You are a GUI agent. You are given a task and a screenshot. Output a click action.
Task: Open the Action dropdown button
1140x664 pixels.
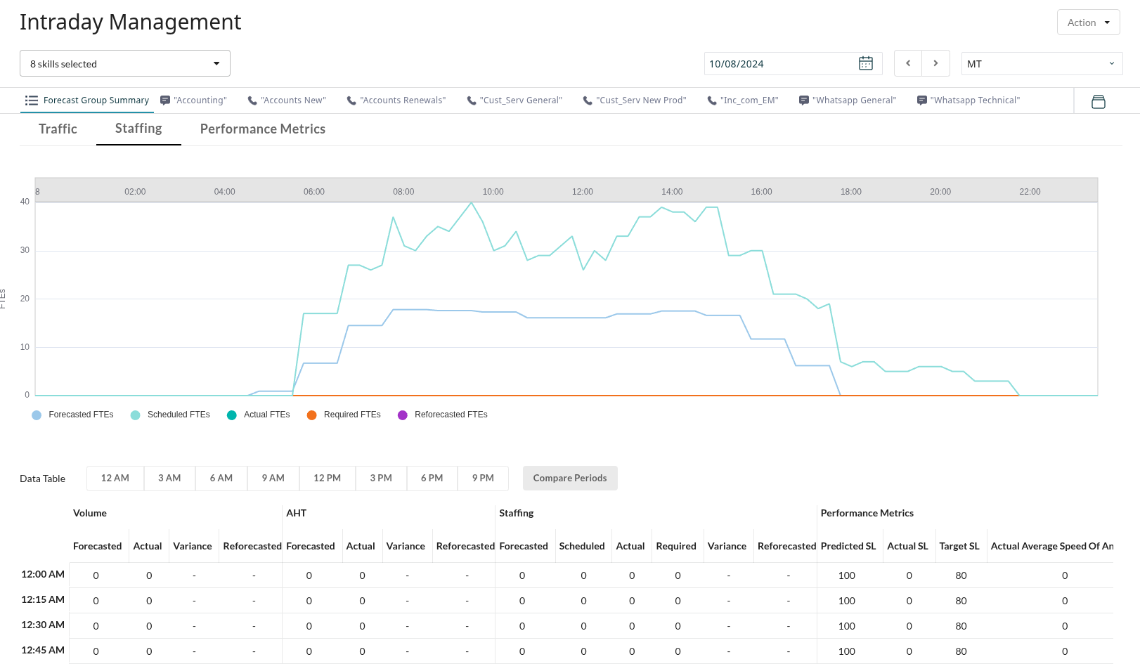click(x=1088, y=22)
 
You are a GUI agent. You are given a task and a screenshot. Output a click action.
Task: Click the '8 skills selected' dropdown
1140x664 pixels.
click(x=125, y=64)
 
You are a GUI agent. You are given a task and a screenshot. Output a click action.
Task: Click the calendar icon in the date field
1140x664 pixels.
click(x=865, y=64)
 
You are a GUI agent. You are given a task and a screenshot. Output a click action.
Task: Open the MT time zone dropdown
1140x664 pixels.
click(x=1041, y=64)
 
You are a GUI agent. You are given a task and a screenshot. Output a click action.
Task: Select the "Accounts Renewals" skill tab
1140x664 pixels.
click(x=396, y=100)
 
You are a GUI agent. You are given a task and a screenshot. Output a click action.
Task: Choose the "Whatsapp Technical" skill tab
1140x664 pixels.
click(x=969, y=100)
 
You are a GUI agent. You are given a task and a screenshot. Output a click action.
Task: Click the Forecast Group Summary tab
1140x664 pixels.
click(x=87, y=100)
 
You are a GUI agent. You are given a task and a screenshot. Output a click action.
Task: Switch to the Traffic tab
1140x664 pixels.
click(x=58, y=129)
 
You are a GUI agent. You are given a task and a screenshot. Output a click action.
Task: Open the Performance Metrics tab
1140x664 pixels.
click(x=262, y=129)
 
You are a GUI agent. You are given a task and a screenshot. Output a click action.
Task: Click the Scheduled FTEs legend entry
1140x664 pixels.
click(x=171, y=415)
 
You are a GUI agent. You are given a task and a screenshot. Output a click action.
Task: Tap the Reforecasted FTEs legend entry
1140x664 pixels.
click(x=443, y=415)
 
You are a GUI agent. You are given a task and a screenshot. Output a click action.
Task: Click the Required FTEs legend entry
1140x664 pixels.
click(x=344, y=415)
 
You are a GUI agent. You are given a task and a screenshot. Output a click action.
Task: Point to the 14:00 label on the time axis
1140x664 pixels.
click(x=672, y=192)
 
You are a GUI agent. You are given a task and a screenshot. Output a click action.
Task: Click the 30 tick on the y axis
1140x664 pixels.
click(x=25, y=250)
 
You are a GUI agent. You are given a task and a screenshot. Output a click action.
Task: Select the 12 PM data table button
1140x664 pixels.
click(x=327, y=478)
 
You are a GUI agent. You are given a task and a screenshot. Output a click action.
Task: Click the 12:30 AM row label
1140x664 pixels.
click(x=43, y=625)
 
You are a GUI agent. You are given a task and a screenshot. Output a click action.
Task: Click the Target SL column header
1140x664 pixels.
click(x=959, y=546)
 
